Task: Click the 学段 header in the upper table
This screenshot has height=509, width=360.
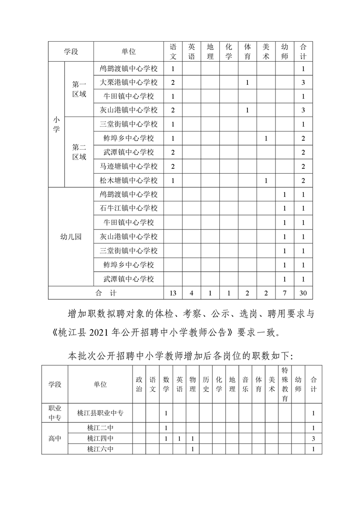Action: (x=71, y=52)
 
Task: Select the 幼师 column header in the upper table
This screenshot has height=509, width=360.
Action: (x=285, y=52)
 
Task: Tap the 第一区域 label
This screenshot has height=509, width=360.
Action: (x=79, y=89)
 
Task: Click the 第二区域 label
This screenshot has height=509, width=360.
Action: (x=79, y=152)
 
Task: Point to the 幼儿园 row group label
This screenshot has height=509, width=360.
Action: (x=71, y=237)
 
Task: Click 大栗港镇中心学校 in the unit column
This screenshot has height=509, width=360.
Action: (x=128, y=83)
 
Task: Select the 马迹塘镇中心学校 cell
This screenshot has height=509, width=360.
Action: (x=128, y=166)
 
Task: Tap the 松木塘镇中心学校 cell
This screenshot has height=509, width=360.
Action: (x=128, y=181)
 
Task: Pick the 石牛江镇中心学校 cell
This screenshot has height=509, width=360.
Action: (x=128, y=209)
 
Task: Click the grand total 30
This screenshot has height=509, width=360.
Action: (x=303, y=293)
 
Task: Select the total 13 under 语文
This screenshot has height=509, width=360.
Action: (x=173, y=293)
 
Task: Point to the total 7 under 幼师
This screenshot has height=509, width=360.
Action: (x=285, y=293)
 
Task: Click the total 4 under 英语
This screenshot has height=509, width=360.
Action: (x=192, y=293)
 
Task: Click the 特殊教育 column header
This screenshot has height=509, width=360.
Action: (x=285, y=384)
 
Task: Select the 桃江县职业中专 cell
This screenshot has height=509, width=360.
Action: (x=100, y=413)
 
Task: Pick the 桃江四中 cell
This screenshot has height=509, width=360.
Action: (x=100, y=439)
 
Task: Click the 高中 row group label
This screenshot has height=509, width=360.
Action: (x=55, y=439)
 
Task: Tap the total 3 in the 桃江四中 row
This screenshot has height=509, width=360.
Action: (x=313, y=439)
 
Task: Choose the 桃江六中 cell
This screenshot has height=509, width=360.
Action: (x=100, y=449)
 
